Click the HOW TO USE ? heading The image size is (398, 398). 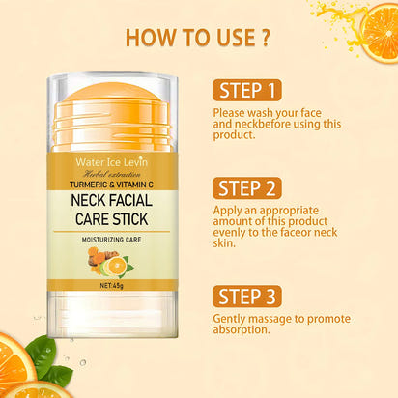click(x=197, y=38)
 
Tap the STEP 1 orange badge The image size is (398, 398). click(x=247, y=91)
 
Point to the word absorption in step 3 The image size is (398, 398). click(x=244, y=329)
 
